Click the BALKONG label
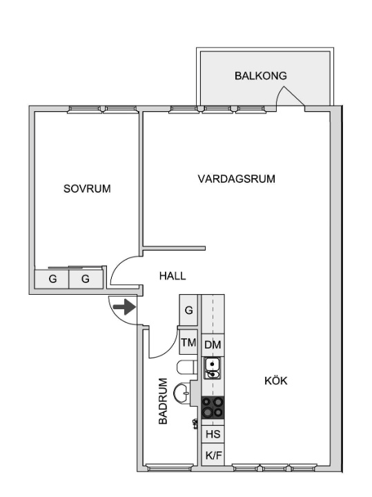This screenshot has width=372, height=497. (x=260, y=76)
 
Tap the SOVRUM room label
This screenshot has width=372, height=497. (x=87, y=188)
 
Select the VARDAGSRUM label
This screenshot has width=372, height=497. (x=236, y=179)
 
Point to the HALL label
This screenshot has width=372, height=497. (x=173, y=275)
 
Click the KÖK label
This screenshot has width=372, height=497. (x=276, y=380)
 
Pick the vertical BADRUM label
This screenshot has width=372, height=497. (x=163, y=401)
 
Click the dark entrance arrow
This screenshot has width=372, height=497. (x=124, y=306)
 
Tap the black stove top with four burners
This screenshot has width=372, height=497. (x=213, y=407)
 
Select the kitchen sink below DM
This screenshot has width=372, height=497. (x=213, y=368)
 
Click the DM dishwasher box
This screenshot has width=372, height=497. (x=213, y=345)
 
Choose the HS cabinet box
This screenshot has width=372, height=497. (x=213, y=433)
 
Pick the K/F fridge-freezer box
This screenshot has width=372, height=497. (x=213, y=455)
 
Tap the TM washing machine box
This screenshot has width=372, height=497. (x=188, y=342)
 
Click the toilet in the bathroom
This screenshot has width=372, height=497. (x=186, y=368)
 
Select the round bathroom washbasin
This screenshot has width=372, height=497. (x=182, y=393)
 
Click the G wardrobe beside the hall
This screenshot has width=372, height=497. (x=188, y=310)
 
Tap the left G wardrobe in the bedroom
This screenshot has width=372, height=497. (x=52, y=279)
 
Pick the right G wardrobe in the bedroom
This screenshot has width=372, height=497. (x=86, y=279)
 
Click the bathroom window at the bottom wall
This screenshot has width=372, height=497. (x=170, y=467)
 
